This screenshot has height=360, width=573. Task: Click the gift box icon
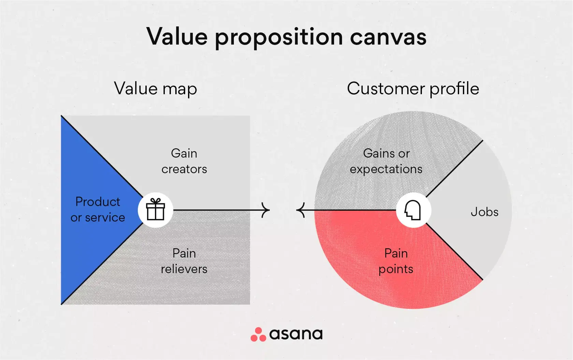(156, 210)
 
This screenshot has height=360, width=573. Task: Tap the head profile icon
(413, 210)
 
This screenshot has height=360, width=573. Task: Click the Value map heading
(155, 89)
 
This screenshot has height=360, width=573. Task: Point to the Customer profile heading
(413, 89)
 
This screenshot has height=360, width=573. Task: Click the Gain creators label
(184, 161)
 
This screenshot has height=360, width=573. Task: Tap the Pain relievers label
(184, 261)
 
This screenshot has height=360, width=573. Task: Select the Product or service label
(98, 210)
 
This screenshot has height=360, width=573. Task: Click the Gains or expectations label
(386, 161)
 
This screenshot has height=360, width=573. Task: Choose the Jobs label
(484, 212)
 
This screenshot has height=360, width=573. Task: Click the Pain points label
(396, 261)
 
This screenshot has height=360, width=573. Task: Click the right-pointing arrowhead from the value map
(266, 210)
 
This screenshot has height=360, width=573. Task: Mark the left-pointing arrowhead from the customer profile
(300, 210)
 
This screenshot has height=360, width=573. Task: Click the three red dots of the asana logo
(258, 335)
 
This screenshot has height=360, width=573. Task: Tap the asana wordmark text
(296, 334)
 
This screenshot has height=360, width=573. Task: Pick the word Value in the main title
(177, 37)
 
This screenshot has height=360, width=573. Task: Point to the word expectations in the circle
(386, 169)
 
